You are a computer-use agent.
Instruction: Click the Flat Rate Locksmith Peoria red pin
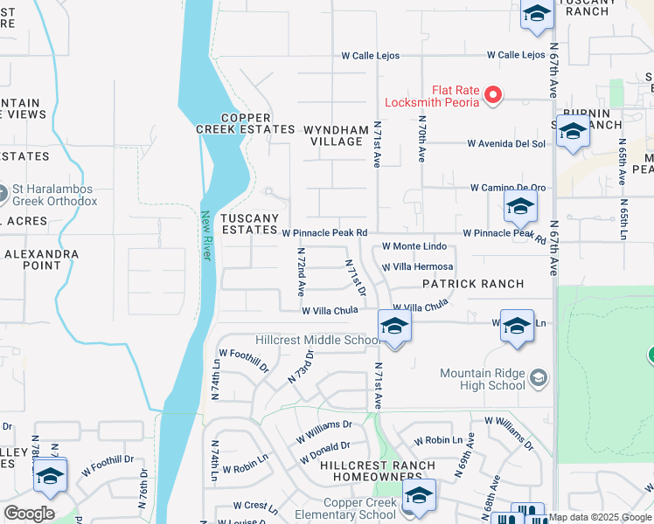pyautogui.click(x=492, y=94)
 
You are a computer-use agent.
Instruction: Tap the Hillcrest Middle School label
pyautogui.click(x=317, y=341)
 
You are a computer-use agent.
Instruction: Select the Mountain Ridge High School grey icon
pyautogui.click(x=539, y=377)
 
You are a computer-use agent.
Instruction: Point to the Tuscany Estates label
pyautogui.click(x=249, y=224)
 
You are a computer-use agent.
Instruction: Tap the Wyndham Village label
pyautogui.click(x=336, y=135)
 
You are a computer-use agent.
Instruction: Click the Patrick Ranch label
pyautogui.click(x=473, y=284)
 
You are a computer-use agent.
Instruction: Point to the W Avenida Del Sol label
pyautogui.click(x=506, y=143)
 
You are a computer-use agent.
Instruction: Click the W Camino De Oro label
pyautogui.click(x=508, y=188)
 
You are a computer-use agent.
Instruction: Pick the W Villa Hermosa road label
pyautogui.click(x=417, y=266)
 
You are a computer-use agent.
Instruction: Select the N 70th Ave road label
pyautogui.click(x=421, y=140)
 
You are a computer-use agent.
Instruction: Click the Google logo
pyautogui.click(x=29, y=514)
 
